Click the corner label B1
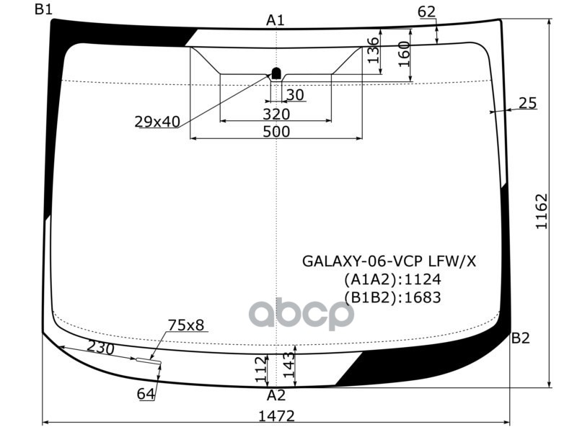point(43,9)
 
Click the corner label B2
point(521,338)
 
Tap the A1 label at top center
point(276,20)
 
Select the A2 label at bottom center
point(276,395)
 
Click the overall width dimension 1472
point(277,416)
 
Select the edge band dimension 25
point(528,104)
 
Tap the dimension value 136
point(373,50)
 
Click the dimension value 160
point(404,54)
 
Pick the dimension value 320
point(276,114)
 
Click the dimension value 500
point(276,131)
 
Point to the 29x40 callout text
point(157,122)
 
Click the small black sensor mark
point(276,72)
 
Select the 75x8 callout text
point(186,325)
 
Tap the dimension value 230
point(101,347)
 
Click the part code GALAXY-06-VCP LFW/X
point(389,261)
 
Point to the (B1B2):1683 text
point(392,297)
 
